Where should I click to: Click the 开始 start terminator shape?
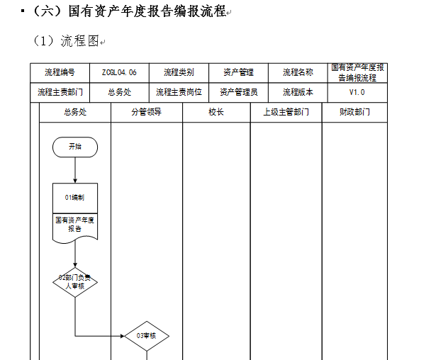click(75, 147)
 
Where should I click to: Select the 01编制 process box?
click(75, 198)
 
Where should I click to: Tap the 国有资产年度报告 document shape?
click(75, 228)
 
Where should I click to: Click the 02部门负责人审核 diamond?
click(75, 282)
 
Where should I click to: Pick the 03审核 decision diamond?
click(147, 336)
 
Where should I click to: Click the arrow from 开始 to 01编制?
click(75, 170)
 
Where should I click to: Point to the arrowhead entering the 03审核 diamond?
click(123, 336)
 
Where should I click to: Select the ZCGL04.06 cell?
click(119, 73)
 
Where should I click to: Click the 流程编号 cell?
click(60, 73)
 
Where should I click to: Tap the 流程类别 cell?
click(179, 73)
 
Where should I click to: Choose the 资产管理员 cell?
click(239, 93)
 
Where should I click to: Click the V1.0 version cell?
click(357, 93)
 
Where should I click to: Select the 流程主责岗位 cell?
click(179, 93)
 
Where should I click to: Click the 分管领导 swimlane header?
click(147, 112)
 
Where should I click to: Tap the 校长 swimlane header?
click(216, 112)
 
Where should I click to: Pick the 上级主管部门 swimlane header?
click(286, 112)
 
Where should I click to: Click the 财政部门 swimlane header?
click(354, 112)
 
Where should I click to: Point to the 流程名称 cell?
click(298, 73)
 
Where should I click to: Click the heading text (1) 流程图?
click(67, 41)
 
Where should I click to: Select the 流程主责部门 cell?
click(60, 93)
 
